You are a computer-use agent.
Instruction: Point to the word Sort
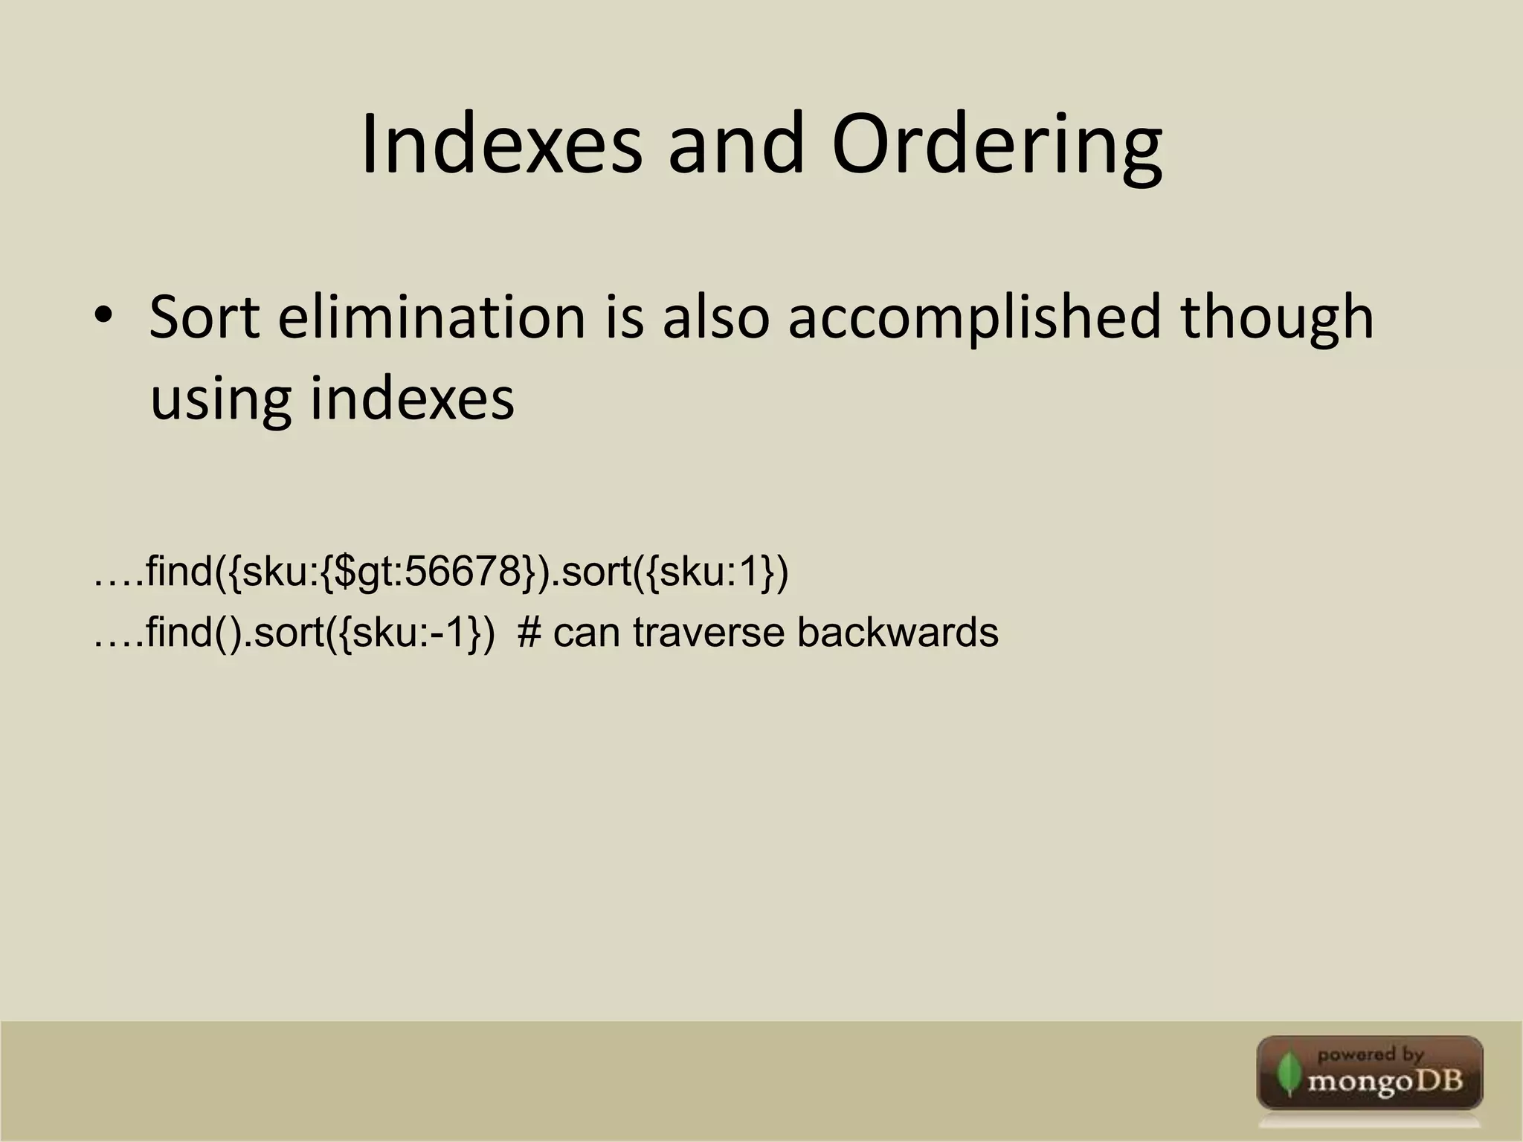coord(205,318)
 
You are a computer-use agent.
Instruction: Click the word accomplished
coord(973,318)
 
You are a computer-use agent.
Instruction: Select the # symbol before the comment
coord(529,633)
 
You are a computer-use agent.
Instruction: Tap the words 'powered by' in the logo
coord(1370,1054)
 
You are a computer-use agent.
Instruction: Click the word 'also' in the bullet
coord(715,318)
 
